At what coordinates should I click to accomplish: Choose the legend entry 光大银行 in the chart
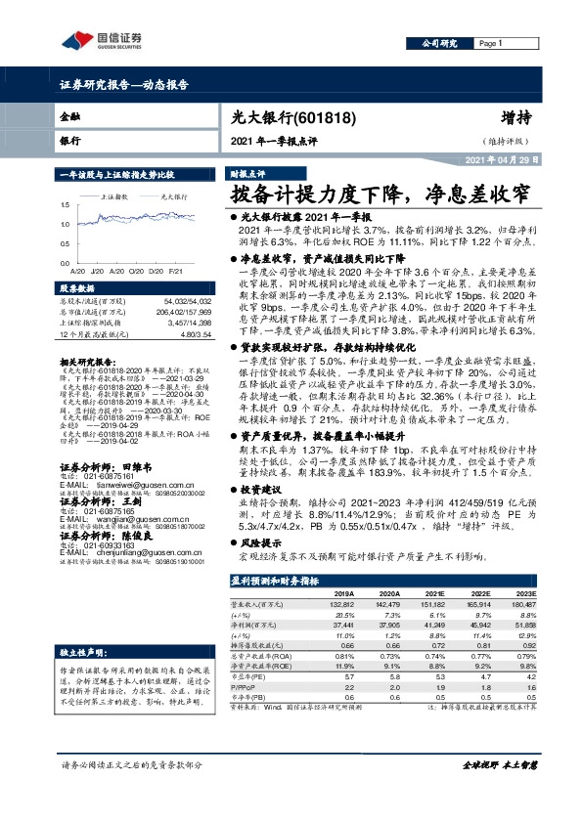pyautogui.click(x=159, y=197)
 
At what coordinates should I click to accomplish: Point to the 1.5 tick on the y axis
pyautogui.click(x=64, y=205)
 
